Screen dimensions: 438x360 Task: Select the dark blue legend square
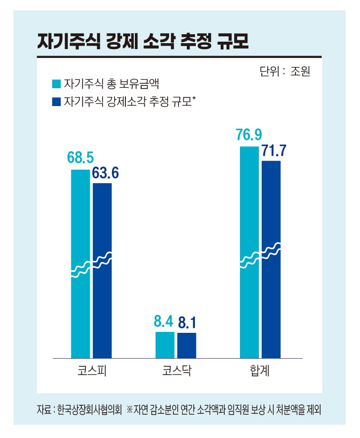point(55,102)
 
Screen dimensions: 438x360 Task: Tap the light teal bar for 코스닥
point(165,344)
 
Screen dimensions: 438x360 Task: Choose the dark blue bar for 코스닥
point(187,345)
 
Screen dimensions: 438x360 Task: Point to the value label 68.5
point(80,158)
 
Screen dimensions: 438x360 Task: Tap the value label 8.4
point(164,322)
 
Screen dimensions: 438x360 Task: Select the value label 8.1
point(187,323)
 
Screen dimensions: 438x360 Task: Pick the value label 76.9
point(249,135)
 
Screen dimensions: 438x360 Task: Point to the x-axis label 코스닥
point(177,371)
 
